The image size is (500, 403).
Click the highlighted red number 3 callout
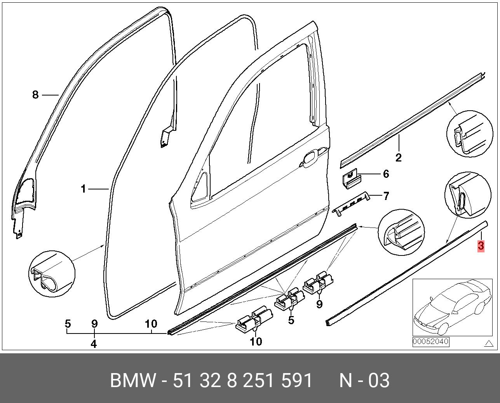coord(481,246)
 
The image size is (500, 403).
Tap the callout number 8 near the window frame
coord(35,95)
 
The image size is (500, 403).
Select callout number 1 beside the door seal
coord(83,189)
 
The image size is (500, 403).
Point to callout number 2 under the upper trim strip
coord(398,158)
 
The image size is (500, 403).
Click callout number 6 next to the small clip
coord(386,174)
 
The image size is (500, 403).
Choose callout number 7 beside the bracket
coord(386,196)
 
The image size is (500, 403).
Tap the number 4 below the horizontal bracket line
coord(94,344)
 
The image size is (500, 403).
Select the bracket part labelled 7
coord(352,202)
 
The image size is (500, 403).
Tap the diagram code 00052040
coord(430,342)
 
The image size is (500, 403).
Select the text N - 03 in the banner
coord(364,380)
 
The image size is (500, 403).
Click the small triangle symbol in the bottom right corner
coord(487,343)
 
